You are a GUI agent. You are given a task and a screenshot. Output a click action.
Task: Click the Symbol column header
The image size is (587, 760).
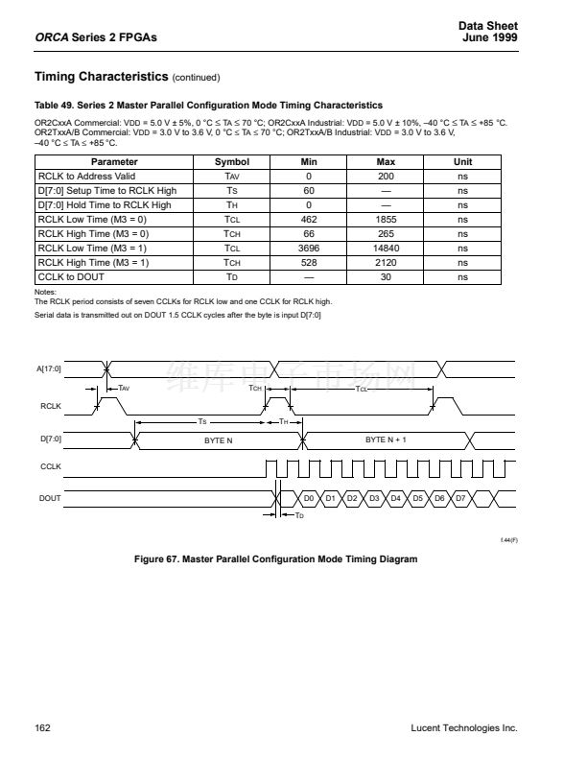(231, 162)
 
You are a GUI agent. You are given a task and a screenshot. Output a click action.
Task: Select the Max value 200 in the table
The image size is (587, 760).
(386, 177)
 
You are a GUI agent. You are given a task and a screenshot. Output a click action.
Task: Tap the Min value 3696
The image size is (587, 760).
(309, 248)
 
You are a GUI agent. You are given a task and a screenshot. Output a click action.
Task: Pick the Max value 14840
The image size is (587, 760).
(386, 248)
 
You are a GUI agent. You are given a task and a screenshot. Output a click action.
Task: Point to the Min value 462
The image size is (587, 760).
(309, 219)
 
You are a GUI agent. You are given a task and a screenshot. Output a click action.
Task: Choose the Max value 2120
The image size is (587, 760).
(386, 262)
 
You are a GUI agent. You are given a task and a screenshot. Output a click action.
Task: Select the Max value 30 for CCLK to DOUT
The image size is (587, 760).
(386, 276)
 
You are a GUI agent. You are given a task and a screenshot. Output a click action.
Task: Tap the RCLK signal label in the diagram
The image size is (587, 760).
(50, 407)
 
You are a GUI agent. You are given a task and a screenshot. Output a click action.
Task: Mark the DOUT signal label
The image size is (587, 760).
(50, 498)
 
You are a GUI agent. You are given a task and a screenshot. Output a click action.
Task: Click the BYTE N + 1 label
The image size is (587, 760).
(387, 439)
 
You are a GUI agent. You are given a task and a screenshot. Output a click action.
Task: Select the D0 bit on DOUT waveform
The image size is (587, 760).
(309, 498)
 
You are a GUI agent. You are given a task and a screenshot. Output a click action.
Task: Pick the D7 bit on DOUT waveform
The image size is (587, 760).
(460, 498)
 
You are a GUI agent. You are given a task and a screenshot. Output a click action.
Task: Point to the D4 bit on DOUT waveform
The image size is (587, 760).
(395, 498)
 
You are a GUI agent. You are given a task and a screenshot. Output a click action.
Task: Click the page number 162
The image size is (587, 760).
(42, 728)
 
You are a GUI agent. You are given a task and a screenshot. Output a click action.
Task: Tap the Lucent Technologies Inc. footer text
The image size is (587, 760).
(463, 728)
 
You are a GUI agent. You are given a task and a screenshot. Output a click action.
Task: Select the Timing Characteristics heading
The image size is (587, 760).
(100, 76)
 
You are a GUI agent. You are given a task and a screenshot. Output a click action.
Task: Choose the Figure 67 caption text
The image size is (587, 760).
(275, 558)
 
